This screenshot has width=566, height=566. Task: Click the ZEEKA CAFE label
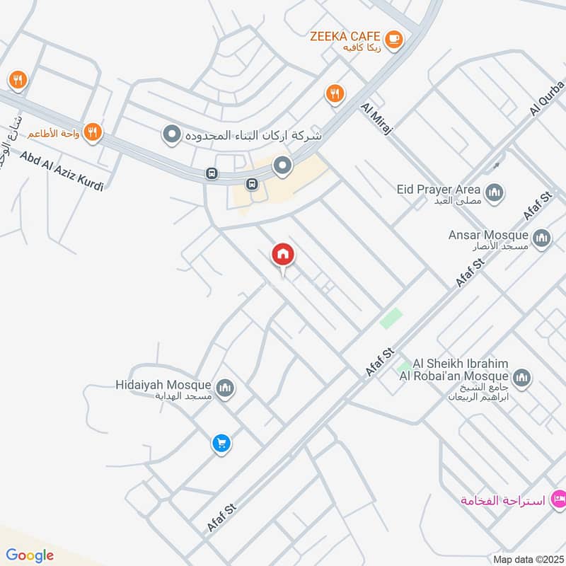click(345, 36)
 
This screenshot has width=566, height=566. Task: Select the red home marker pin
click(283, 255)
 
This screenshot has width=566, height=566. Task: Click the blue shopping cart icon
click(221, 444)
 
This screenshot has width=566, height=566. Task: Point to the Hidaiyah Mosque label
click(163, 385)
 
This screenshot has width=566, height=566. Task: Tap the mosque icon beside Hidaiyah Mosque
click(226, 388)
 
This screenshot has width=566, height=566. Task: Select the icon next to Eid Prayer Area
click(495, 191)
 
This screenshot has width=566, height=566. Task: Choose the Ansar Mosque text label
click(488, 235)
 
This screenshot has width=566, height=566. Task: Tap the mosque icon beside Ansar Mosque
click(542, 238)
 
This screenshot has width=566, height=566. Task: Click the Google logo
click(30, 555)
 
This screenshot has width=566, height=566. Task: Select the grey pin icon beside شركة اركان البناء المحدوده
click(171, 134)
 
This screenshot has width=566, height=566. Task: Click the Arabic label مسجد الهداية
click(184, 396)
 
